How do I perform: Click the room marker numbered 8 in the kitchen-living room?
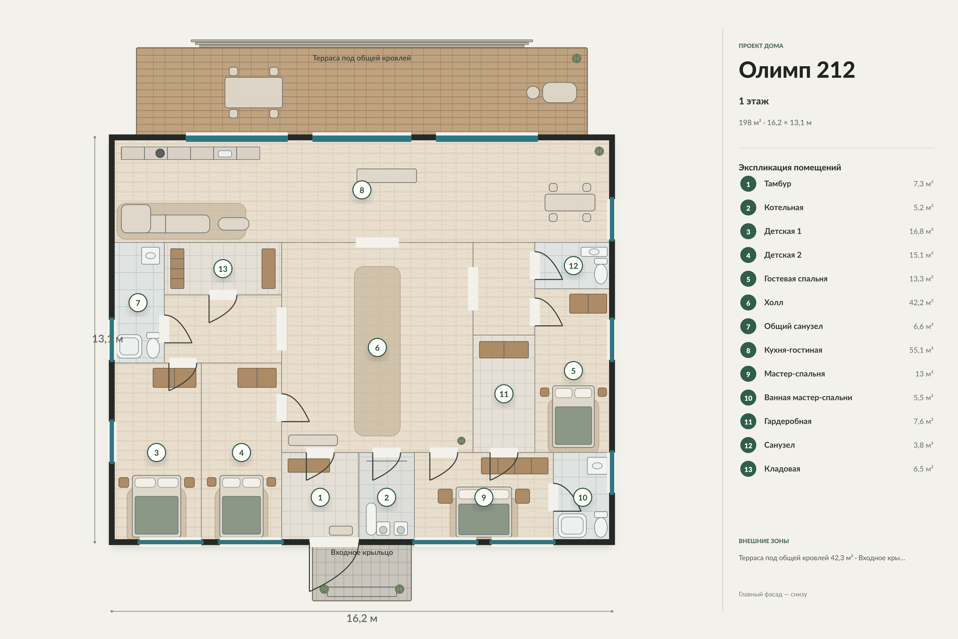point(362,190)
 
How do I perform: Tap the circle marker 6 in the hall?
point(377,348)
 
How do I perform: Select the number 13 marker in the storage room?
point(223,269)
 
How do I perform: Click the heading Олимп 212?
point(797,70)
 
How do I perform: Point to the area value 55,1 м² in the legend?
point(921,350)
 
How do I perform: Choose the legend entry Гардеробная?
point(788,421)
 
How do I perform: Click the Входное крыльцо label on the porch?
point(362,553)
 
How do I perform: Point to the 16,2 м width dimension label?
point(362,618)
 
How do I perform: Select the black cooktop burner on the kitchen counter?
point(160,153)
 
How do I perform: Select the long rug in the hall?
point(377,351)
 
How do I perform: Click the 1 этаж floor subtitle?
point(754,101)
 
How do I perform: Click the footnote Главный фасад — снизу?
point(773,594)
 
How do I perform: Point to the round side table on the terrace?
point(533,92)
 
